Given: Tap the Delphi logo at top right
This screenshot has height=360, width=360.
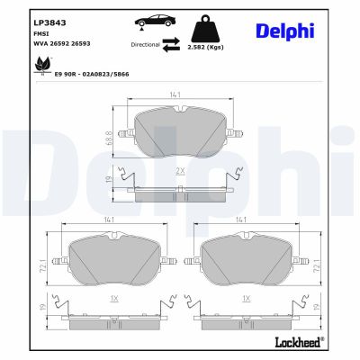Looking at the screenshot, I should [x=303, y=32].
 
